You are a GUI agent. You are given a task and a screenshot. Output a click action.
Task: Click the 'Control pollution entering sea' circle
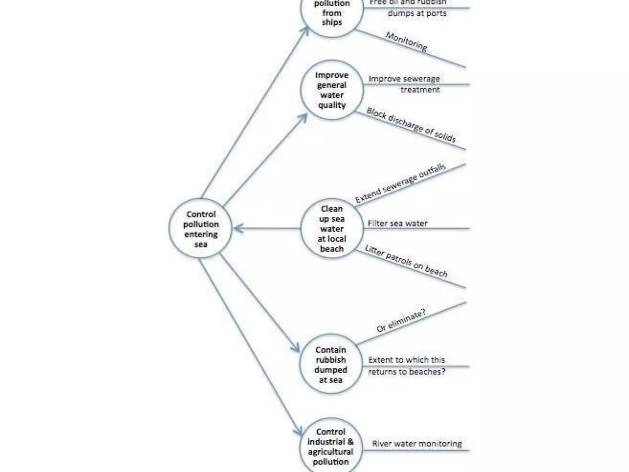[x=201, y=229]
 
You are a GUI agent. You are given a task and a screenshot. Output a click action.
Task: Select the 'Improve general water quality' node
[x=332, y=90]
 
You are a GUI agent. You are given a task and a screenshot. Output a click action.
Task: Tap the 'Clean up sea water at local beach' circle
[x=332, y=229]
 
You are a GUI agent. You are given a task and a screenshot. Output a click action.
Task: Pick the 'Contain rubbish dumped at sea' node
[x=331, y=364]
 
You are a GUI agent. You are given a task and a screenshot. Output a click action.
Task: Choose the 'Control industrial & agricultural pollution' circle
[x=331, y=447]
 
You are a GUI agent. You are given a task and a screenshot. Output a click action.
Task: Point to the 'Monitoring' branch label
[x=406, y=41]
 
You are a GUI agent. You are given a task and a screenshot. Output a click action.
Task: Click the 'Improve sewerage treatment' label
[x=404, y=84]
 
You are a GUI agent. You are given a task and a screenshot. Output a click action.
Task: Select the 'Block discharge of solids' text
[x=411, y=125]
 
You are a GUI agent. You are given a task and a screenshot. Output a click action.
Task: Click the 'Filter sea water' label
[x=397, y=223]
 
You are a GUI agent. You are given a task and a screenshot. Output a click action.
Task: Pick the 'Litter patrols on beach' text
[x=406, y=261]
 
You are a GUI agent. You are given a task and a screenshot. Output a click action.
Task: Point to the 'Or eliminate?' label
[x=401, y=321]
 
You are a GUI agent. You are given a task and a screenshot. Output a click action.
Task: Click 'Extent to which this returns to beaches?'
[x=407, y=366]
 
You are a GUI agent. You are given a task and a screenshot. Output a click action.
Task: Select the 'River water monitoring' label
[x=417, y=443]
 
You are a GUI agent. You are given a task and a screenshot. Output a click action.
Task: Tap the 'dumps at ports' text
[x=417, y=13]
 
